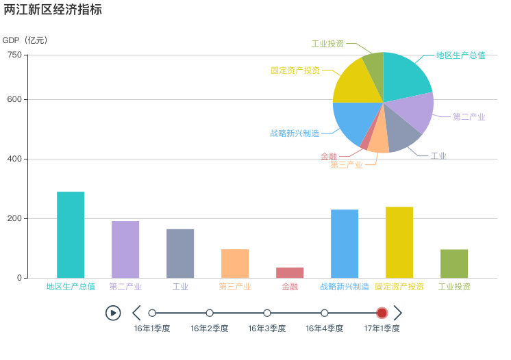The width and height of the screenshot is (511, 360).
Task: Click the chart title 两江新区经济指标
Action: click(53, 10)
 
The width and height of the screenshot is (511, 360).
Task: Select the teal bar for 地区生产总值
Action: click(71, 235)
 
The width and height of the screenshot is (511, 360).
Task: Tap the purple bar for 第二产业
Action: click(125, 249)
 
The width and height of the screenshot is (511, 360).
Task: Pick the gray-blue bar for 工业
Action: click(180, 253)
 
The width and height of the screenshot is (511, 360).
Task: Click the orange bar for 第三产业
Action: click(235, 263)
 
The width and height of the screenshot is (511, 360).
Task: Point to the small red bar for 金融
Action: click(290, 272)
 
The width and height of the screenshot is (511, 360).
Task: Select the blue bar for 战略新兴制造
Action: click(345, 244)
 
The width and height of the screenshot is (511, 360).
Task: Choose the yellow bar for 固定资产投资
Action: click(399, 242)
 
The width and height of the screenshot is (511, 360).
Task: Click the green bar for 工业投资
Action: click(454, 263)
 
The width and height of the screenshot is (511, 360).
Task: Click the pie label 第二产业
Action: click(469, 117)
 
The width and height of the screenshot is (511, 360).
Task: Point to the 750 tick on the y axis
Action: click(14, 55)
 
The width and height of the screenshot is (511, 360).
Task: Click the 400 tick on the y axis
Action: click(14, 159)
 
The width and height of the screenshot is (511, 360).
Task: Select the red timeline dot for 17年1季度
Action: click(382, 313)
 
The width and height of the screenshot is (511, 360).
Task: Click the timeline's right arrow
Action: click(397, 313)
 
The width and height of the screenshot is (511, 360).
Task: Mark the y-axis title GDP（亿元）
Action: click(25, 40)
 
